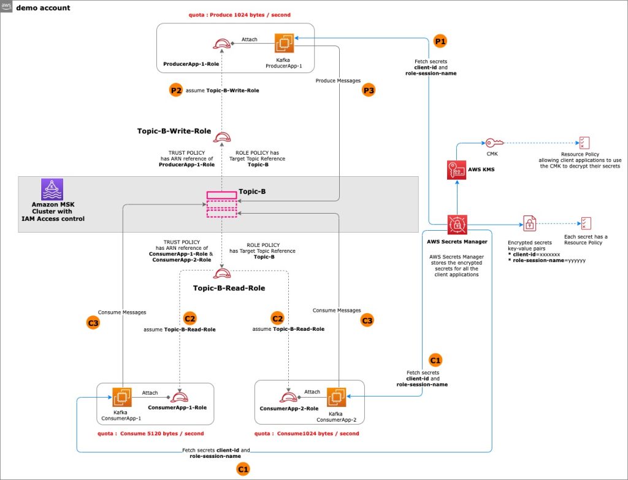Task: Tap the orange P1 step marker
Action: pyautogui.click(x=440, y=42)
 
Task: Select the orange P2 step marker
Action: pyautogui.click(x=176, y=90)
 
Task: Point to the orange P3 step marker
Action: pyautogui.click(x=369, y=90)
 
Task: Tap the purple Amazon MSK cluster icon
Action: pyautogui.click(x=52, y=189)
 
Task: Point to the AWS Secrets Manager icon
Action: pyautogui.click(x=458, y=225)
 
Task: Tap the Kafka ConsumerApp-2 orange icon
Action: pyautogui.click(x=337, y=396)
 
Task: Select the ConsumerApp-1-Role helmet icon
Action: pyautogui.click(x=182, y=397)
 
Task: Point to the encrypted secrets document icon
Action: pyautogui.click(x=528, y=223)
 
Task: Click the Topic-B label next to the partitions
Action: pyautogui.click(x=252, y=192)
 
